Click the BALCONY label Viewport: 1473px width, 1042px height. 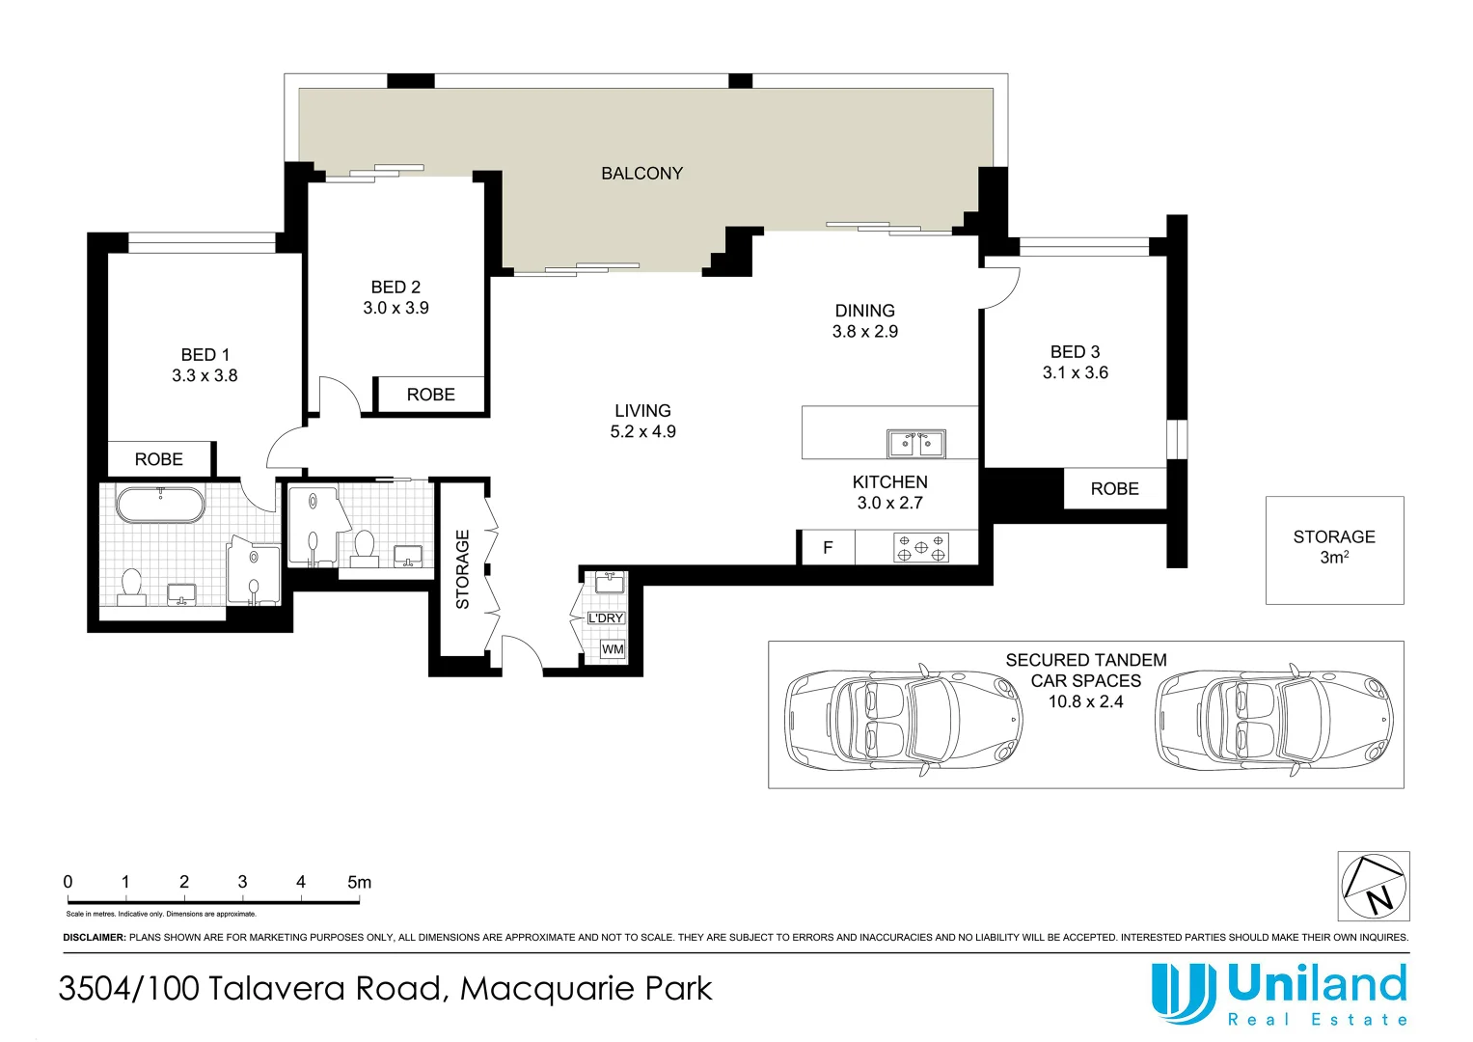[x=641, y=174]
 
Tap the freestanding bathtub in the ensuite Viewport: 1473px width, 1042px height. [x=160, y=506]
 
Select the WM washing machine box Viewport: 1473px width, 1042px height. [x=613, y=649]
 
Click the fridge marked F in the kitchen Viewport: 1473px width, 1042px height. [x=827, y=548]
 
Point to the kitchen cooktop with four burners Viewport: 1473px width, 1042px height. [x=920, y=548]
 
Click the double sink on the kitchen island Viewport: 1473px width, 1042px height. [x=915, y=444]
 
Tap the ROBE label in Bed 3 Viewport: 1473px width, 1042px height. [x=1114, y=489]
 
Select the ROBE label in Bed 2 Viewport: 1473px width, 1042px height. [x=430, y=395]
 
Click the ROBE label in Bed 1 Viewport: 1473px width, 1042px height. [x=159, y=460]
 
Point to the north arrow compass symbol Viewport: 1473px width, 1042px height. [x=1374, y=887]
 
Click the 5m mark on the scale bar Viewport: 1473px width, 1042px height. [x=359, y=883]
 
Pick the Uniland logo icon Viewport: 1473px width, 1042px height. [x=1183, y=993]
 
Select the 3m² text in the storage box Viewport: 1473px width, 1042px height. [x=1334, y=558]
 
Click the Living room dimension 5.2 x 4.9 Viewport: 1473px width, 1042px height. [x=642, y=432]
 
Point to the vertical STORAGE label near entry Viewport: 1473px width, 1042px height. [x=463, y=569]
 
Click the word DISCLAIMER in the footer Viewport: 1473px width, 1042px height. [x=95, y=938]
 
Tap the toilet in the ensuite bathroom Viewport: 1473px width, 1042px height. [x=131, y=586]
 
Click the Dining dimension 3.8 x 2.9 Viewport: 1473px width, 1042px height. [x=864, y=332]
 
